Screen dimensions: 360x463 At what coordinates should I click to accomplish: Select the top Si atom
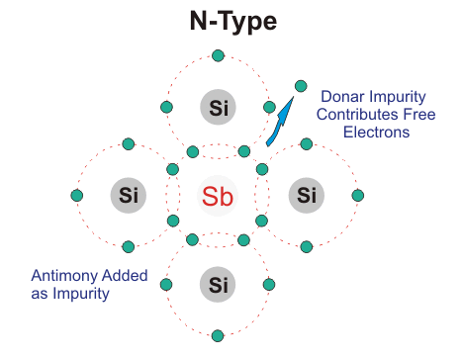click(x=218, y=106)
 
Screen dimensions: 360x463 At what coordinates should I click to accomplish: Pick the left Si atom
click(x=128, y=194)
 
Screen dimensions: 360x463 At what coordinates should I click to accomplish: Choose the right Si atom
click(x=308, y=194)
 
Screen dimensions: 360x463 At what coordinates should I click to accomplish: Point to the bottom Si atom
click(x=218, y=285)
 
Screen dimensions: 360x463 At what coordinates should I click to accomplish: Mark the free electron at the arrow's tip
click(x=302, y=85)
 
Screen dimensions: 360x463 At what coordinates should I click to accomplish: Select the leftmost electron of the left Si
click(x=76, y=194)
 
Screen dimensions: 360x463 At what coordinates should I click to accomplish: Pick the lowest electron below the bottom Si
click(x=218, y=335)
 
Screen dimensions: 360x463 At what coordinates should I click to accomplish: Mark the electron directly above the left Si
click(x=128, y=144)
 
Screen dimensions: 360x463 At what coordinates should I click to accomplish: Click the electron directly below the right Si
click(x=308, y=244)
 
